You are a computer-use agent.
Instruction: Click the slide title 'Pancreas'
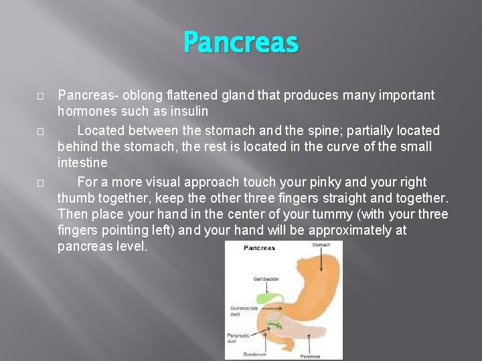point(241,43)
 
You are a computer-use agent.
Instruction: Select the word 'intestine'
point(82,162)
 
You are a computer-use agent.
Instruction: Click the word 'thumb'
point(74,198)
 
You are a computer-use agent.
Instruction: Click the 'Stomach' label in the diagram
point(321,245)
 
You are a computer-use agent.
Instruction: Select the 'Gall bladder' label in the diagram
point(266,279)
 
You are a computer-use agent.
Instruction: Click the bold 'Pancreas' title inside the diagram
point(259,248)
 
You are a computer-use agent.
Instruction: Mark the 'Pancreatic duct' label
point(238,337)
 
